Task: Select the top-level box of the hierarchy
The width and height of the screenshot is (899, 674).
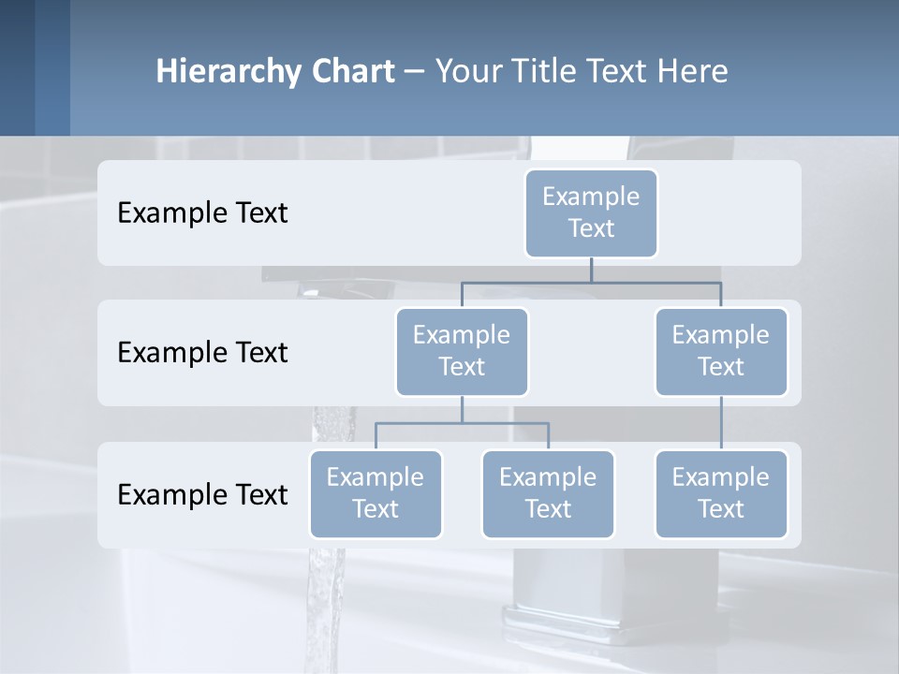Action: pyautogui.click(x=591, y=212)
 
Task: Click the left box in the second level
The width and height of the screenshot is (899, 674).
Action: pyautogui.click(x=462, y=351)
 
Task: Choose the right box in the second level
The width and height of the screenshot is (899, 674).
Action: pyautogui.click(x=721, y=351)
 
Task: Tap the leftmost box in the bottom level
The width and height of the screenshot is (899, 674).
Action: pyautogui.click(x=376, y=493)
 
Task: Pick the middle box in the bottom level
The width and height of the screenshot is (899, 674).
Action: pyautogui.click(x=548, y=493)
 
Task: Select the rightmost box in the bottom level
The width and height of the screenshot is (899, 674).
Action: pyautogui.click(x=721, y=493)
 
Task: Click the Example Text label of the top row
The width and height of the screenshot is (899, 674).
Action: pyautogui.click(x=202, y=213)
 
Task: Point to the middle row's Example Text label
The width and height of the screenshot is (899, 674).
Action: pyautogui.click(x=202, y=353)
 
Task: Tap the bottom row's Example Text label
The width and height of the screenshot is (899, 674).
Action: pyautogui.click(x=202, y=495)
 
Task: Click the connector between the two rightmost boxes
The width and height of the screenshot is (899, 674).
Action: pyautogui.click(x=721, y=423)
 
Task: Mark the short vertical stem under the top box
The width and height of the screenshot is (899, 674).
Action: pyautogui.click(x=591, y=270)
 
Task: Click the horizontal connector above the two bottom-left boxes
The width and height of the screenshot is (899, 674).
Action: pyautogui.click(x=462, y=423)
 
